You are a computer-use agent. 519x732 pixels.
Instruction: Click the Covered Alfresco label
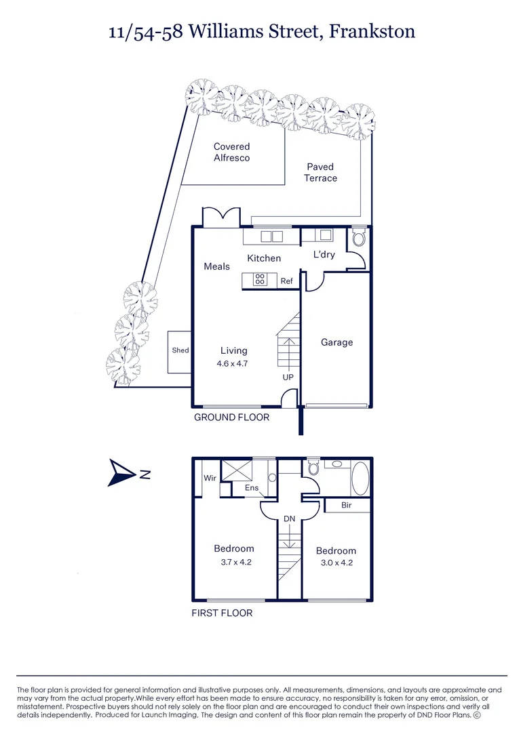point(231,152)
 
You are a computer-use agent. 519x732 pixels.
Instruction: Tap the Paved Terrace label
point(320,172)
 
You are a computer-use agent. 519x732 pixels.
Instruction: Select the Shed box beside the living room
point(180,351)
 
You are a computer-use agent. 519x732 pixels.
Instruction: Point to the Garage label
point(337,342)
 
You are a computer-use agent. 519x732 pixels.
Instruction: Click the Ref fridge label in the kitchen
point(286,281)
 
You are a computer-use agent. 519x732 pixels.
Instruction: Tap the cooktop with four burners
point(260,279)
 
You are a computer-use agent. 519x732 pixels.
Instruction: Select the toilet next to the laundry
point(358,239)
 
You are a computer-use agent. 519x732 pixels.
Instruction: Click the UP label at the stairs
point(288,377)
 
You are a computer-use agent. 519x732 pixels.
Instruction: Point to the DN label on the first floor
point(288,518)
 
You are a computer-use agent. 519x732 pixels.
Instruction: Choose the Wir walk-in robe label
point(210,478)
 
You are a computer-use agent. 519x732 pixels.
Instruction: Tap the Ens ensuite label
point(252,487)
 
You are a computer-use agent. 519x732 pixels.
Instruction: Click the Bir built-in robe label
point(346,505)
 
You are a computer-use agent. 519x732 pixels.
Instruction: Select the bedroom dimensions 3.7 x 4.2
point(233,562)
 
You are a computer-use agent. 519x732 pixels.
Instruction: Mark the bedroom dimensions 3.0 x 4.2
point(336,563)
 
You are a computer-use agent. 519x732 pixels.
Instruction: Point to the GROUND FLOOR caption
point(231,417)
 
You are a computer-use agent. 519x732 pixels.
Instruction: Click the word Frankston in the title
point(372,31)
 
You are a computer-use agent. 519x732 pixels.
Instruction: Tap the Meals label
point(216,266)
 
